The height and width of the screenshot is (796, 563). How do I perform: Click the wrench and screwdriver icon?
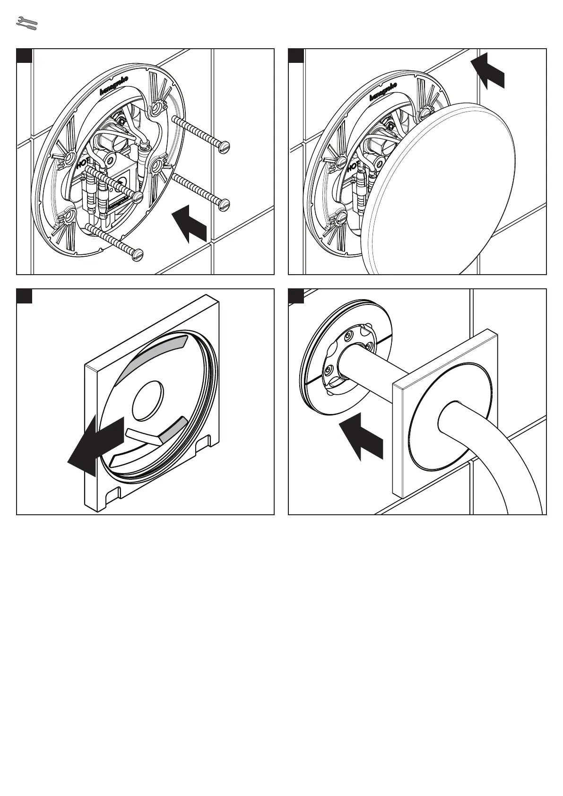point(26,24)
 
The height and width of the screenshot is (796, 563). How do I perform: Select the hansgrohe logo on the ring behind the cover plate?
point(383,91)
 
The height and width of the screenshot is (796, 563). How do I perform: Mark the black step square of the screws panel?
point(24,55)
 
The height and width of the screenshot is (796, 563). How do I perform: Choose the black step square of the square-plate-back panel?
point(24,296)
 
